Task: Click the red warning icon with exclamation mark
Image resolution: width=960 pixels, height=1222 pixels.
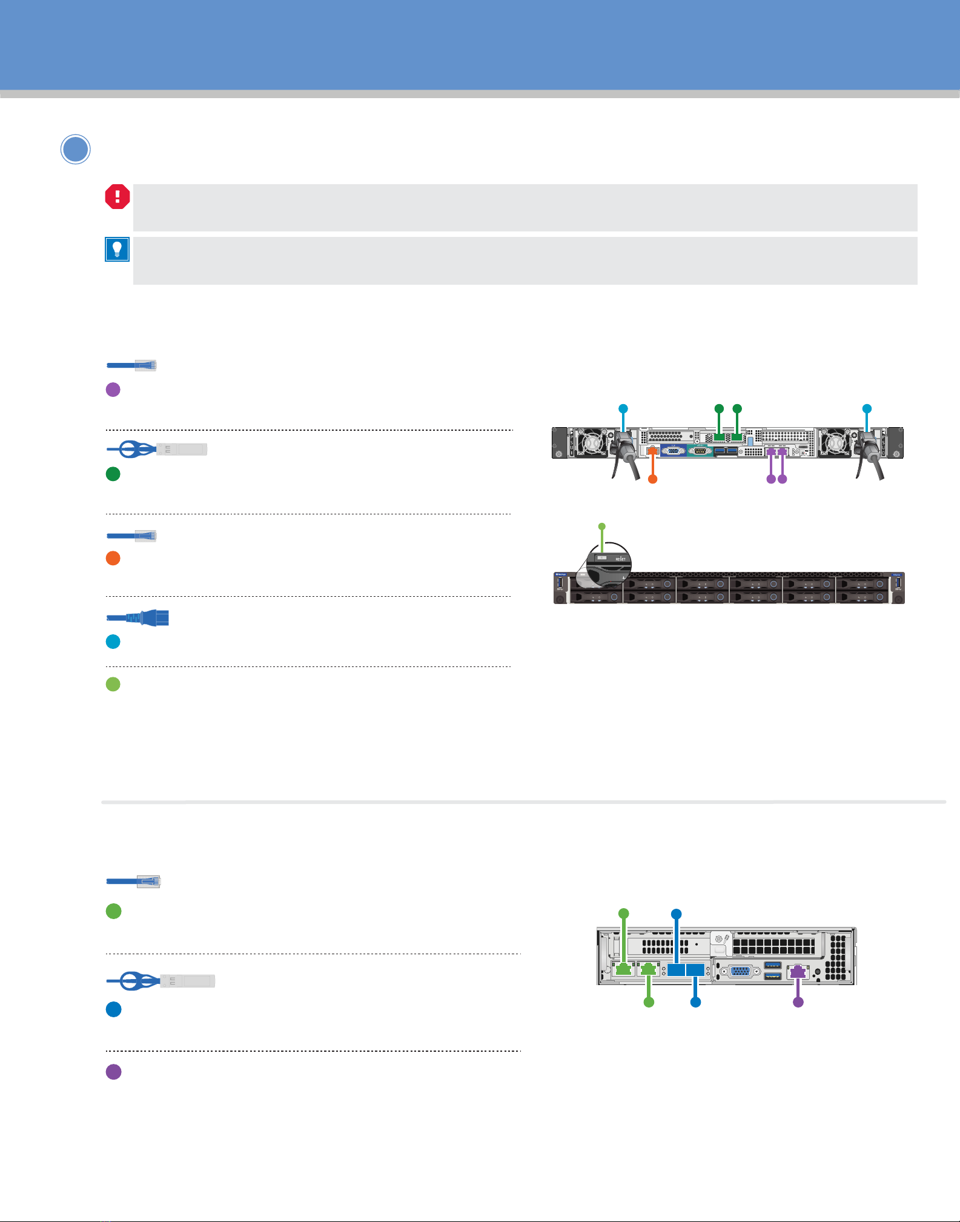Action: click(x=118, y=197)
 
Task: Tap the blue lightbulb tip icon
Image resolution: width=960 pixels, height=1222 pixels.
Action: click(x=117, y=249)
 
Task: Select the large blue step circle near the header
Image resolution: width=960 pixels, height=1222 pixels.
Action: click(x=76, y=150)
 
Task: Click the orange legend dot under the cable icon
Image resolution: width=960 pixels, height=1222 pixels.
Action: click(x=113, y=559)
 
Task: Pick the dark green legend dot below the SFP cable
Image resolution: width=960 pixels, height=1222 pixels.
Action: click(x=113, y=474)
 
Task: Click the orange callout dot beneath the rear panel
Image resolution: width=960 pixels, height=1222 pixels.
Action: click(x=652, y=479)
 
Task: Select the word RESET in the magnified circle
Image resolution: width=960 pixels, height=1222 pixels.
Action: click(x=621, y=559)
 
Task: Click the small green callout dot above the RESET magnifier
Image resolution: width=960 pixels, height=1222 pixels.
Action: click(x=601, y=525)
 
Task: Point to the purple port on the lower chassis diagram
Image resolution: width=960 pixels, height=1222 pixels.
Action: click(x=798, y=971)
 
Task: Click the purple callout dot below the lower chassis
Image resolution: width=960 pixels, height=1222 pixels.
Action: click(x=798, y=1003)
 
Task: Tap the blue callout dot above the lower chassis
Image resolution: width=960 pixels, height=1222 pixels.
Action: click(x=677, y=913)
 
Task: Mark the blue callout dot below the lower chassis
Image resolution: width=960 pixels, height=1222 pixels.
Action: click(x=696, y=1003)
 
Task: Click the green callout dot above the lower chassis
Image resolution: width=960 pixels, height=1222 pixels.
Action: click(x=623, y=913)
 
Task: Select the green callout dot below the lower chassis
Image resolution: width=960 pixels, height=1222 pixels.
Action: click(x=649, y=1003)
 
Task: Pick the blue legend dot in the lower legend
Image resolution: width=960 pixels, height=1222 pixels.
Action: click(x=113, y=1009)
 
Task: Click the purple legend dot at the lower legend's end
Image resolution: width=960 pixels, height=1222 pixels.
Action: click(x=113, y=1072)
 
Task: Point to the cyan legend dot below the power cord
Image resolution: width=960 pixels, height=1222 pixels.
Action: click(x=113, y=642)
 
